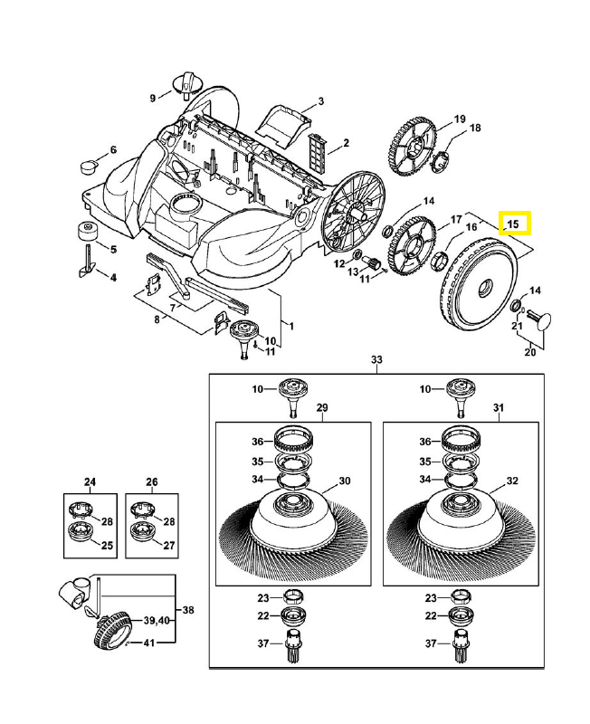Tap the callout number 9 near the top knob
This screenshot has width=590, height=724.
click(x=153, y=97)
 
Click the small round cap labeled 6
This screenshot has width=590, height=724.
click(x=89, y=166)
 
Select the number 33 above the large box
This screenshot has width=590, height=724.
click(x=376, y=360)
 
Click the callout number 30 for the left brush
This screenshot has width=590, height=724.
click(x=344, y=481)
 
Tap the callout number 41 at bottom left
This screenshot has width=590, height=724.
click(x=150, y=643)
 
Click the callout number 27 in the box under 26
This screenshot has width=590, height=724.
click(x=170, y=546)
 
